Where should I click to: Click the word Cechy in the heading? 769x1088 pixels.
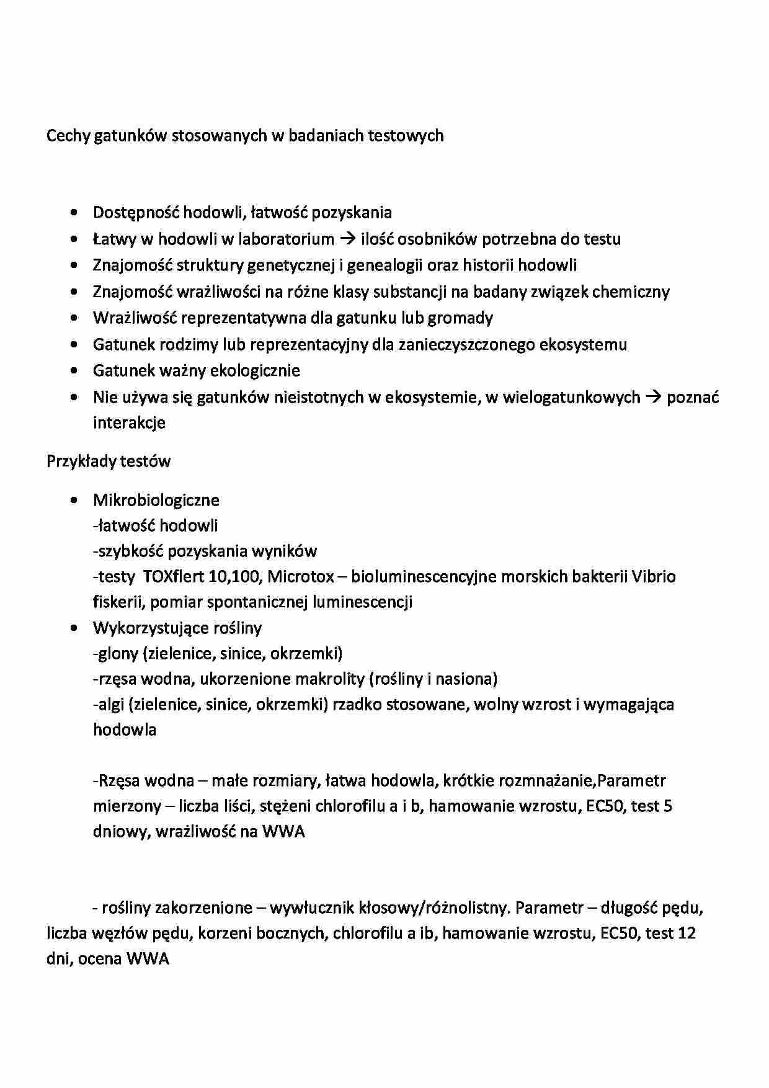pyautogui.click(x=68, y=135)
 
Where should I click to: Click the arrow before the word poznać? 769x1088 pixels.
pyautogui.click(x=653, y=397)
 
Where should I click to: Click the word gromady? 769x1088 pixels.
pyautogui.click(x=465, y=318)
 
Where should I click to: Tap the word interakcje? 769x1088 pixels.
pyautogui.click(x=129, y=423)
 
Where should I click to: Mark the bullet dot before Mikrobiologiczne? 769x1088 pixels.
pyautogui.click(x=75, y=500)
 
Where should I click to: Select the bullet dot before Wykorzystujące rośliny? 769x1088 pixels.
pyautogui.click(x=75, y=628)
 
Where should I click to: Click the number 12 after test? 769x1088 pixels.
pyautogui.click(x=687, y=934)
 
